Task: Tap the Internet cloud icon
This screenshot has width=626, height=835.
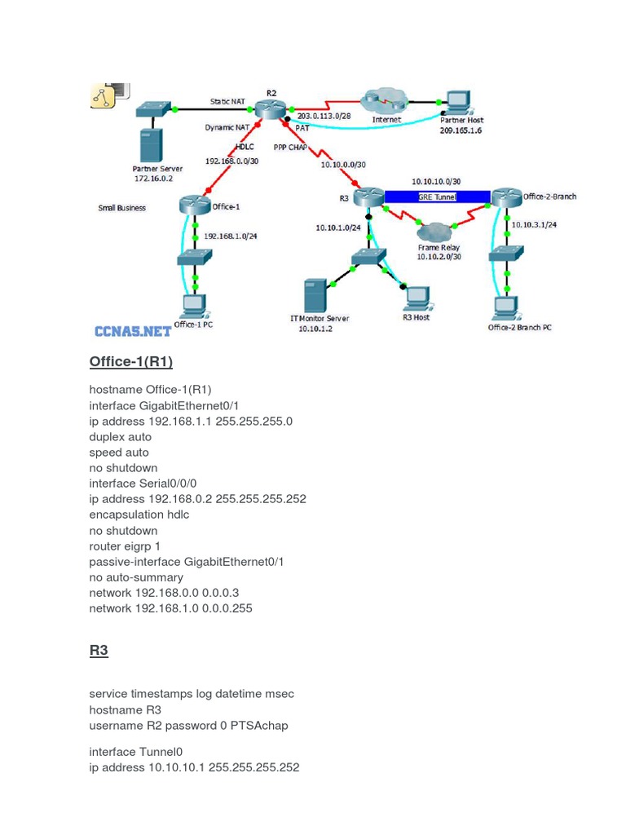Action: click(385, 101)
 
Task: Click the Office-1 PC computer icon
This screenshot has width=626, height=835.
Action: click(194, 306)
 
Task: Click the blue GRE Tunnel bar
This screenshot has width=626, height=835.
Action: click(437, 197)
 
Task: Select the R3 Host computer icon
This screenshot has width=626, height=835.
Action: click(417, 297)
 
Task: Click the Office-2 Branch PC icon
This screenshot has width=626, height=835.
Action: click(506, 307)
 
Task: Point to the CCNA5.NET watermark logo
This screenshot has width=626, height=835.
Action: click(133, 331)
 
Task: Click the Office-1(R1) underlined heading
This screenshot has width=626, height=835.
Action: click(131, 361)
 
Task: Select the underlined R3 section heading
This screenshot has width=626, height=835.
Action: click(99, 650)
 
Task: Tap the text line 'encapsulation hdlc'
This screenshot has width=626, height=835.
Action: click(139, 515)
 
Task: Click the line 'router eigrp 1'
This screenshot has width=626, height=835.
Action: click(126, 546)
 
